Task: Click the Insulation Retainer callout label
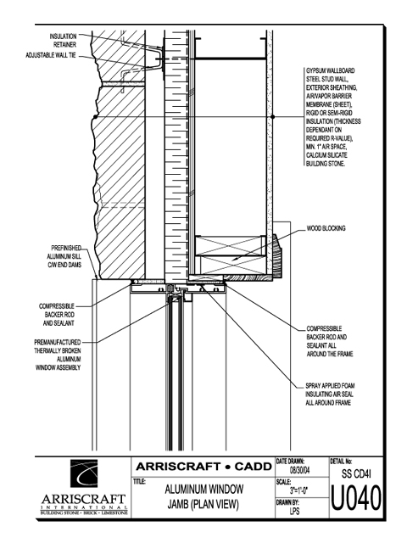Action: [x=64, y=41]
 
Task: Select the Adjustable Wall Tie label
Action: [x=51, y=55]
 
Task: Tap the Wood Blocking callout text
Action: [x=326, y=228]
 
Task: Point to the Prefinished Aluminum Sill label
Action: [x=64, y=256]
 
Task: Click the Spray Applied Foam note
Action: [x=330, y=394]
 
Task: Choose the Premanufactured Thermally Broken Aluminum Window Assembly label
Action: [x=58, y=355]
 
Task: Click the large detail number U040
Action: [x=356, y=498]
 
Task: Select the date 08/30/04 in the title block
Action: [x=299, y=471]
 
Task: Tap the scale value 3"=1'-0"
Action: [x=299, y=490]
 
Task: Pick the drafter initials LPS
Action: [x=294, y=511]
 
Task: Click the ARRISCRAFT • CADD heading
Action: [x=203, y=467]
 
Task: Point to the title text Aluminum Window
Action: [x=203, y=490]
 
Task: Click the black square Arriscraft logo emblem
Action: [x=84, y=473]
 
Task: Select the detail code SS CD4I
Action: [x=356, y=473]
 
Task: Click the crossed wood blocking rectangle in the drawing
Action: [x=231, y=255]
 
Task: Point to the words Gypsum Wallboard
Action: [x=330, y=70]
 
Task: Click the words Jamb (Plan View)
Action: [x=203, y=505]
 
